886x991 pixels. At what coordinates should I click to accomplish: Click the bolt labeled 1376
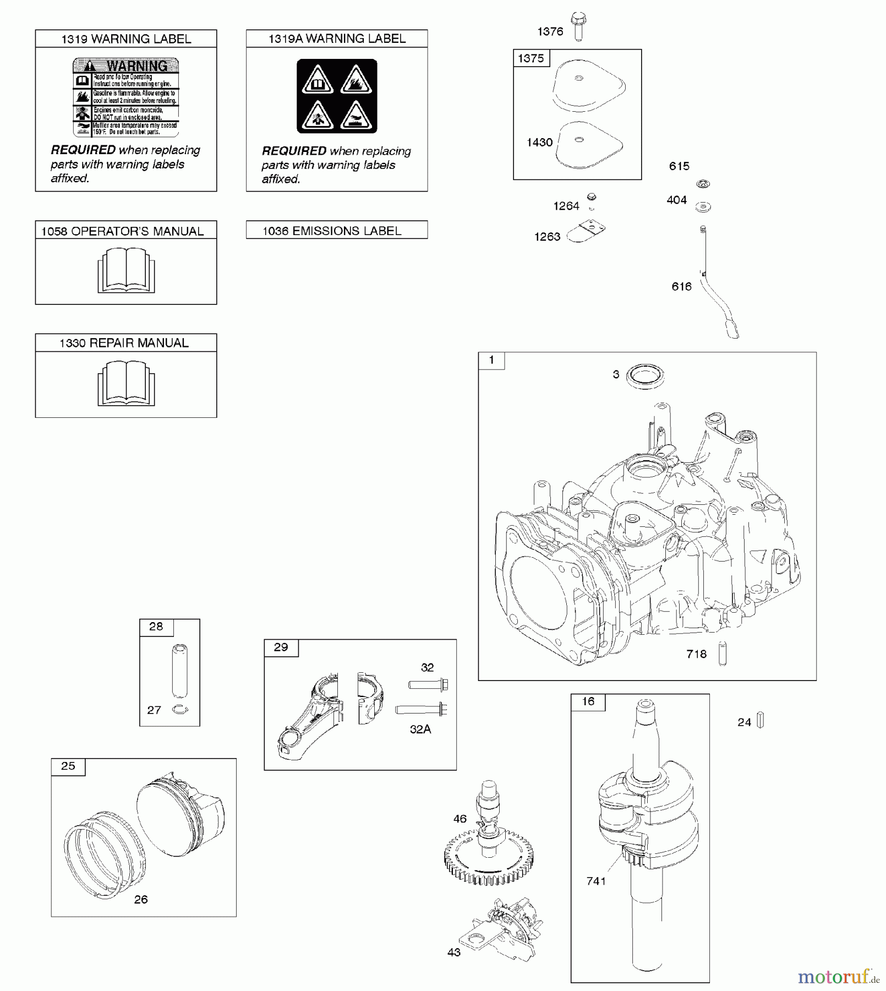coord(577,27)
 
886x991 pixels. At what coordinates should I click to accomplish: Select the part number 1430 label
coord(539,143)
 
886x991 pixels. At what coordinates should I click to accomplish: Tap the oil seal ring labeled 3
coord(646,376)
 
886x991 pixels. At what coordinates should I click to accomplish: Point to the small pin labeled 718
coord(723,654)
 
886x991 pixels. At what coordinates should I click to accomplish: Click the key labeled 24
coord(761,720)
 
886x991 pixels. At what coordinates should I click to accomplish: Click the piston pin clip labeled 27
coord(179,710)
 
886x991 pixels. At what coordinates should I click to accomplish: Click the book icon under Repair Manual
coord(126,383)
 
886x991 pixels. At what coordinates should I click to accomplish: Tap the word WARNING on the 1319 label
coord(136,66)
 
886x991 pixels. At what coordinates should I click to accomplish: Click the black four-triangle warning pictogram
coord(337,96)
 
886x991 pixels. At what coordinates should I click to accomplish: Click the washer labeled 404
coord(703,207)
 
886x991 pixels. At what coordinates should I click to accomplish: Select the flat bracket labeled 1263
coord(586,232)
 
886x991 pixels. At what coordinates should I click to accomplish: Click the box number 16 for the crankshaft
coord(588,701)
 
